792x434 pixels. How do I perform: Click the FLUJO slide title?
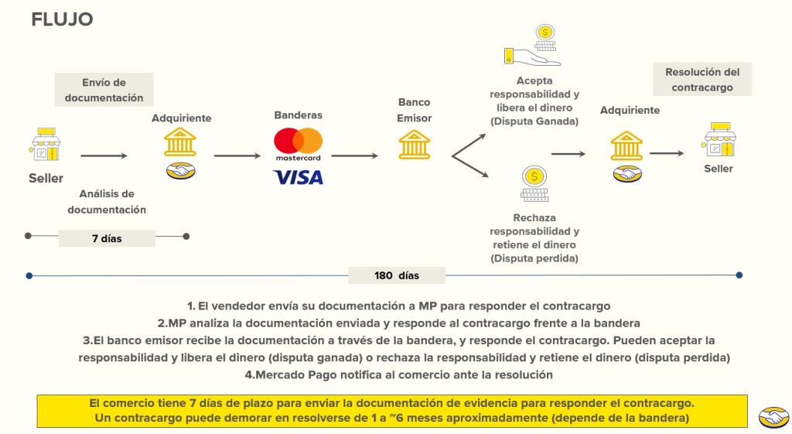[62, 20]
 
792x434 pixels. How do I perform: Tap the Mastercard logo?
[298, 145]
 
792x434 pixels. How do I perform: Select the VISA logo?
[298, 178]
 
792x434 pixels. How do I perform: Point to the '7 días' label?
[107, 238]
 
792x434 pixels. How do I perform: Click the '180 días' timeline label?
[396, 275]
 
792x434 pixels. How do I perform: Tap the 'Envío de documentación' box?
[104, 90]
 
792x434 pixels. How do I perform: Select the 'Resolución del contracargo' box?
[702, 80]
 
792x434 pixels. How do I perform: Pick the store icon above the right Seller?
[719, 140]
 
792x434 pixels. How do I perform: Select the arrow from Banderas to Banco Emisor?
[355, 156]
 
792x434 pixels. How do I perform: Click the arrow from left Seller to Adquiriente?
[104, 156]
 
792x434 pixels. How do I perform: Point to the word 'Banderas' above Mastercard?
[298, 115]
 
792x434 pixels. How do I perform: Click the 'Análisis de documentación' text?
[107, 201]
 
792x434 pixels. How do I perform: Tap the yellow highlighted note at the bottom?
[391, 411]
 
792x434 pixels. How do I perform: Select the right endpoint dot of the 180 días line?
[739, 275]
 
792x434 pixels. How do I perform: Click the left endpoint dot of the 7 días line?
[28, 235]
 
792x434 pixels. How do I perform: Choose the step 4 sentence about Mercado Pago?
[398, 374]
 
